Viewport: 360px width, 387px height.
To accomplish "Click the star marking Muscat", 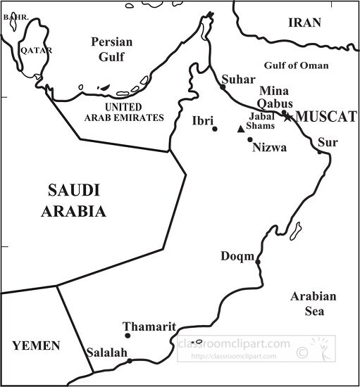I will [x=287, y=117].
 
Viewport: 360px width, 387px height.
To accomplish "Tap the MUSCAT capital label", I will [x=325, y=117].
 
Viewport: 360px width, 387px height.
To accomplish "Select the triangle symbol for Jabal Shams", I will [x=241, y=129].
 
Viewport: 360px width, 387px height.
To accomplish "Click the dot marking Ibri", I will [x=215, y=129].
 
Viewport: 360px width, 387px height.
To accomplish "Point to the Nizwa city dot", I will [x=249, y=139].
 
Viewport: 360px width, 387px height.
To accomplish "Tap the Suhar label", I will [x=237, y=80].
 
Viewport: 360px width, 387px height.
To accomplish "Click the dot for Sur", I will [x=319, y=151].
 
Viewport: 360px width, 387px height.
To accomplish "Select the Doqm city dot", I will [x=258, y=262].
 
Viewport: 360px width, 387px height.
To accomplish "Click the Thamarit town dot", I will [x=128, y=336].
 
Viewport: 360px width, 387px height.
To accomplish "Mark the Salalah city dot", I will [x=130, y=361].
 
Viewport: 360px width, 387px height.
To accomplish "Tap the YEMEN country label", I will [x=36, y=345].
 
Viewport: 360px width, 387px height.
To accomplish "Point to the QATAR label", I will [x=35, y=51].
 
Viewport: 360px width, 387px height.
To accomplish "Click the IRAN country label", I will [x=304, y=23].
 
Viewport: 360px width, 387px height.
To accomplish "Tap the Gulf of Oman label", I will [x=296, y=65].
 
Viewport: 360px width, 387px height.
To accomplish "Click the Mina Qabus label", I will [x=273, y=98].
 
